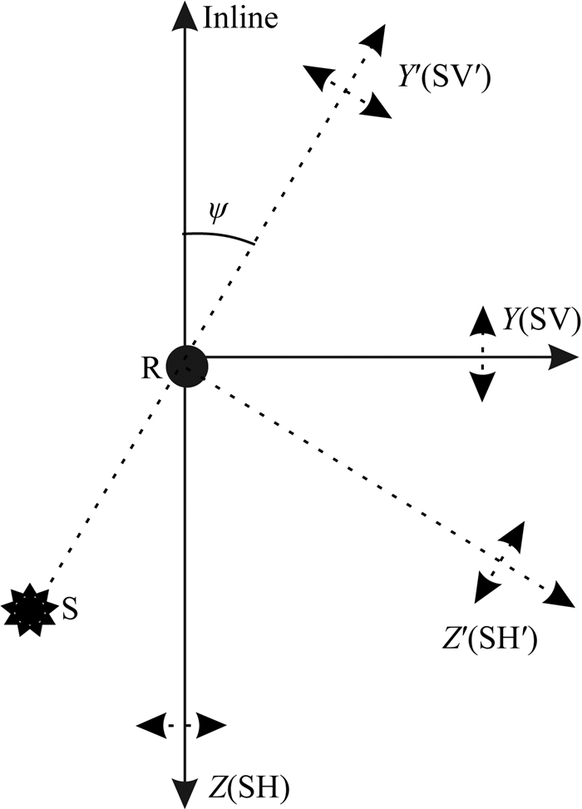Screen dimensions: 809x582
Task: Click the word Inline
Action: pyautogui.click(x=240, y=18)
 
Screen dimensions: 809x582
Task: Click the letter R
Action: pyautogui.click(x=150, y=368)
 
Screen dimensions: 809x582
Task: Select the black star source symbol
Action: pyautogui.click(x=22, y=610)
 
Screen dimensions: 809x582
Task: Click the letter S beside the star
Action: pyautogui.click(x=71, y=609)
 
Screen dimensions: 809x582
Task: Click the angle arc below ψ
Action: pyautogui.click(x=218, y=235)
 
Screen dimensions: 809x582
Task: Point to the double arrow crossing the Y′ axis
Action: pyautogui.click(x=347, y=91)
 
